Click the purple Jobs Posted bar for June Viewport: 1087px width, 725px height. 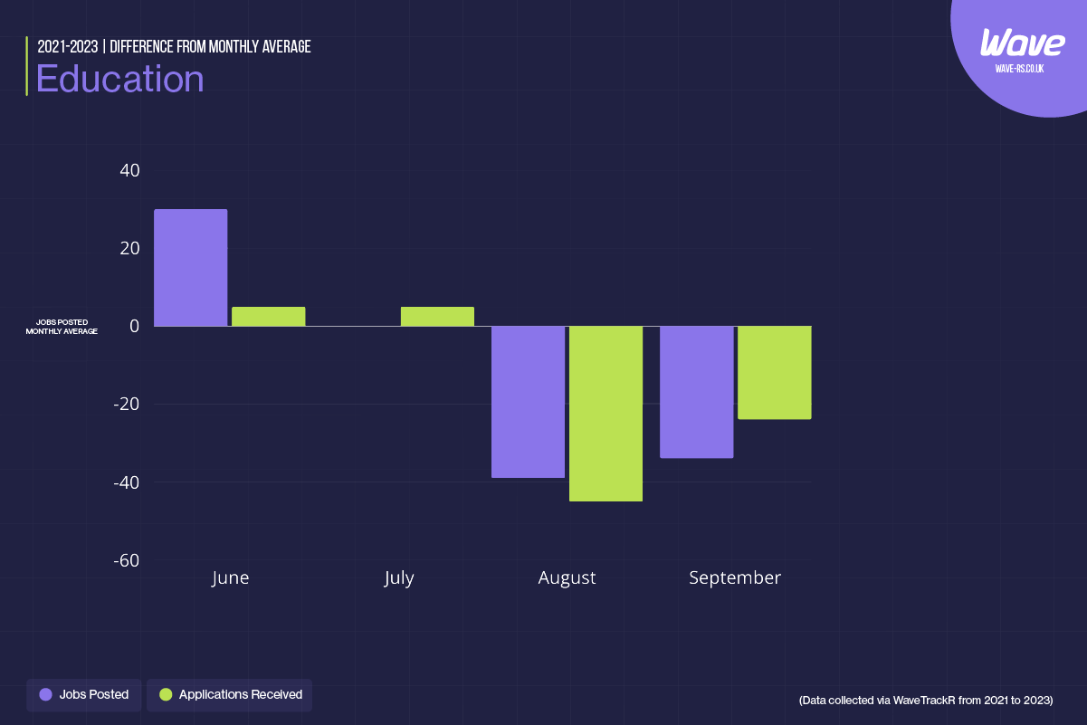(190, 267)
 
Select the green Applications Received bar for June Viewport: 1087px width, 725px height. (268, 317)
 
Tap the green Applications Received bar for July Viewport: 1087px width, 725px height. (437, 317)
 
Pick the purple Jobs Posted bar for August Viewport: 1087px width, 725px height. (528, 401)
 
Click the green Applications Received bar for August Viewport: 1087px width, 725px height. (605, 413)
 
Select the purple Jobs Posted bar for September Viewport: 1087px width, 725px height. (696, 391)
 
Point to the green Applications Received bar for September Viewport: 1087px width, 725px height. (774, 372)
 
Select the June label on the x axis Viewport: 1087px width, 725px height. (230, 577)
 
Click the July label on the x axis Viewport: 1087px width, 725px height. (398, 577)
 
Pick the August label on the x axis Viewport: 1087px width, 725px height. (567, 577)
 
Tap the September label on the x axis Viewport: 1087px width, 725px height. (735, 577)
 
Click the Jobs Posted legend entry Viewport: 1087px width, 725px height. (84, 694)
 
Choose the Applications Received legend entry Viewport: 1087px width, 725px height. (230, 694)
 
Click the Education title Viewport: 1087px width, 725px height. (119, 79)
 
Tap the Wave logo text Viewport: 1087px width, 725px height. (1022, 43)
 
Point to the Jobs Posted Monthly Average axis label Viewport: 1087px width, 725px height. (62, 327)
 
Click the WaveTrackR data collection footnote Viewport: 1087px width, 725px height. (926, 701)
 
